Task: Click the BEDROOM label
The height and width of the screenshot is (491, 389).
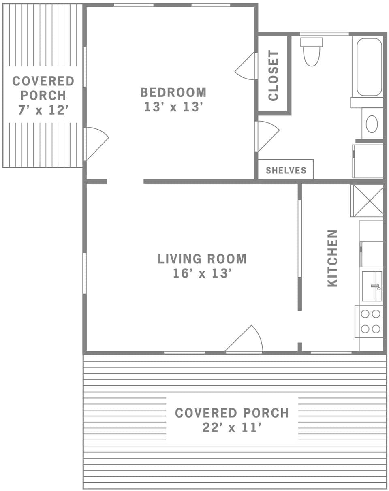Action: tap(173, 92)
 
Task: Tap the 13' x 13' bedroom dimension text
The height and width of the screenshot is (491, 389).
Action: tap(173, 107)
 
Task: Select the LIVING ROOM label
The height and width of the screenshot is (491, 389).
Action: tap(202, 259)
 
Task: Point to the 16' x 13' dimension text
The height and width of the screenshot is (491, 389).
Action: tap(202, 273)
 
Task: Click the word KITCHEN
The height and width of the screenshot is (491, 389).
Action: tap(332, 258)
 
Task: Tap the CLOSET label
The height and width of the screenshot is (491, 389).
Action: tap(274, 75)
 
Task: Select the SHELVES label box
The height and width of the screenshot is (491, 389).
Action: tap(286, 170)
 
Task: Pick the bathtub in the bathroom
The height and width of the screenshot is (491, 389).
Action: tap(369, 67)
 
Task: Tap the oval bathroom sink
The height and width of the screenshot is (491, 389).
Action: tap(372, 124)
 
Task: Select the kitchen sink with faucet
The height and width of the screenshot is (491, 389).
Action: tap(372, 286)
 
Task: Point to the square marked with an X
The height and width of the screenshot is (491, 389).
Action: tap(367, 201)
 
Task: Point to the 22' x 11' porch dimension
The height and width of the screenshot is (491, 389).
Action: tap(232, 428)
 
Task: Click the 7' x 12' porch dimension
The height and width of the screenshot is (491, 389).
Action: tap(43, 110)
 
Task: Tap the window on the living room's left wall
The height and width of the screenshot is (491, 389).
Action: tap(85, 273)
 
